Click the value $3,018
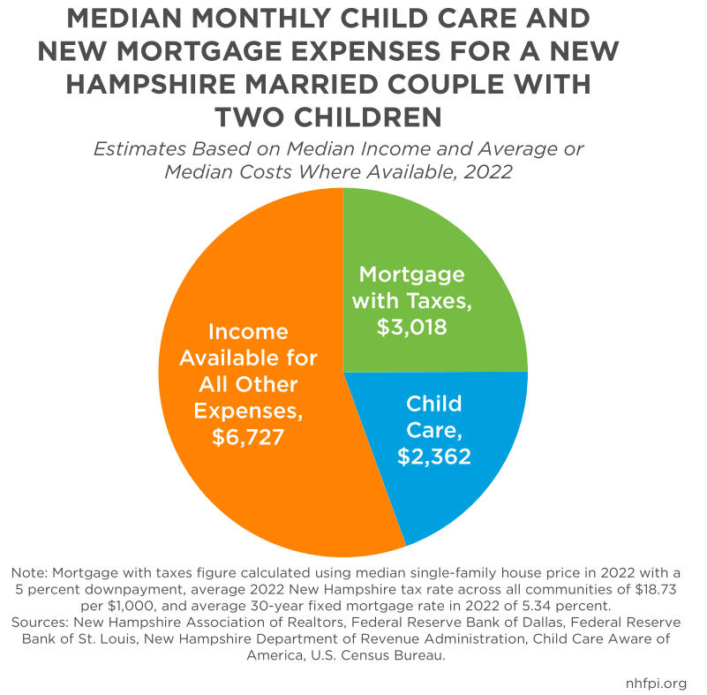click(x=411, y=327)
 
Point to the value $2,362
click(x=433, y=457)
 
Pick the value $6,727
click(x=248, y=436)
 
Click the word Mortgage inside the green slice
click(x=412, y=274)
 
